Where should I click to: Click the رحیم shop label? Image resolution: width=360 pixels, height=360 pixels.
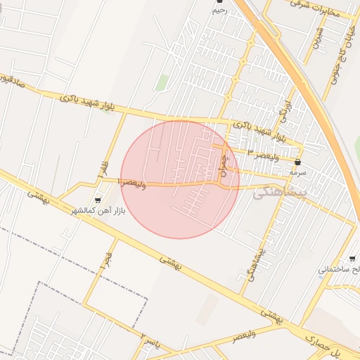pos(220,11)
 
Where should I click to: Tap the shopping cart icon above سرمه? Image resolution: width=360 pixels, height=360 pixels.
pos(297,162)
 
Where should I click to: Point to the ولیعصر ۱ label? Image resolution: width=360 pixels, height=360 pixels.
pos(131,181)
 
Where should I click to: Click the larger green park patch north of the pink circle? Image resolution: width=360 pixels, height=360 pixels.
pos(162,82)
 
